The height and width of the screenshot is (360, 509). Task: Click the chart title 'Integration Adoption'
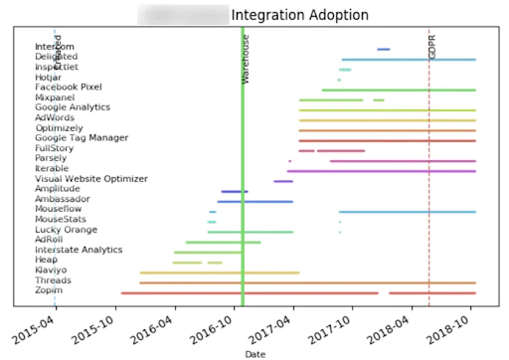pyautogui.click(x=299, y=16)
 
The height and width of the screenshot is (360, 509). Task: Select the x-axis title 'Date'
pyautogui.click(x=254, y=353)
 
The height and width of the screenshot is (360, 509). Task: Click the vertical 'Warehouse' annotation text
pyautogui.click(x=247, y=58)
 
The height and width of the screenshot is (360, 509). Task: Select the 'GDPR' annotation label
pyautogui.click(x=432, y=46)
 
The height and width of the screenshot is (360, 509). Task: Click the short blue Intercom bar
pyautogui.click(x=384, y=49)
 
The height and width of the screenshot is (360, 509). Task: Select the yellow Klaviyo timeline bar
pyautogui.click(x=219, y=272)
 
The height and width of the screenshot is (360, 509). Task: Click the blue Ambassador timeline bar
pyautogui.click(x=255, y=202)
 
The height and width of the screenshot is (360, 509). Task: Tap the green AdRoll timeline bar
pyautogui.click(x=223, y=242)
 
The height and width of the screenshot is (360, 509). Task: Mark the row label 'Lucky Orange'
pyautogui.click(x=66, y=231)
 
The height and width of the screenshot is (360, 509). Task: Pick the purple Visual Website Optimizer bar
pyautogui.click(x=283, y=181)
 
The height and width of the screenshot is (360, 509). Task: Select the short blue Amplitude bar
pyautogui.click(x=235, y=191)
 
